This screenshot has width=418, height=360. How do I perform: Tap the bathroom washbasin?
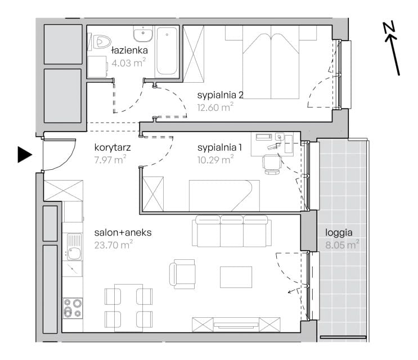(x=143, y=34)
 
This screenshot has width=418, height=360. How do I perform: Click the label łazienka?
(x=129, y=50)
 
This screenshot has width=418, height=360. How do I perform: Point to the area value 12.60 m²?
(x=215, y=107)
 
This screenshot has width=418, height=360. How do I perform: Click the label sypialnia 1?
(x=219, y=147)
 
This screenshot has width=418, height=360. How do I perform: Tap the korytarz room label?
(x=113, y=147)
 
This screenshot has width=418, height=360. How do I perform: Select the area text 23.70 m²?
(x=114, y=244)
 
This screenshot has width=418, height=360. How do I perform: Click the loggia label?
(x=339, y=233)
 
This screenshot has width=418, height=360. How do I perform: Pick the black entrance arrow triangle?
(x=25, y=155)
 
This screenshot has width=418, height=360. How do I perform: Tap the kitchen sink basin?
(x=74, y=250)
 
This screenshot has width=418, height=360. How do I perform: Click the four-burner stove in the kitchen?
(x=73, y=308)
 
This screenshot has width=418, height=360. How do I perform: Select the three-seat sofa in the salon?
(x=232, y=231)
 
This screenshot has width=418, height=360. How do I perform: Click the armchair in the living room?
(x=182, y=274)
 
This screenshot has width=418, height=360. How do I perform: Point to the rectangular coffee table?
(x=236, y=277)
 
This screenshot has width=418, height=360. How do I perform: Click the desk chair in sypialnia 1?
(x=272, y=164)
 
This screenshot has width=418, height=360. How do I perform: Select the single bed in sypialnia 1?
(x=224, y=196)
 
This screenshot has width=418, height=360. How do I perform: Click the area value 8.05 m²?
(x=342, y=244)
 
